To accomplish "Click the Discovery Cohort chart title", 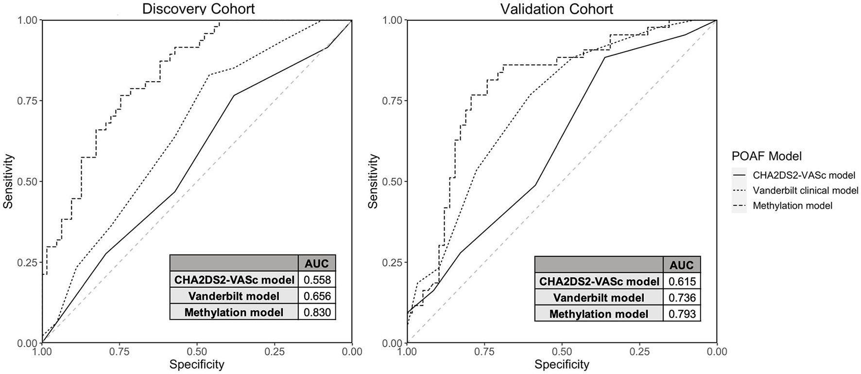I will click(198, 8).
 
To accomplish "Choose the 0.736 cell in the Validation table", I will click(682, 297).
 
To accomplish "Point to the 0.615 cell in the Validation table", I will click(682, 281).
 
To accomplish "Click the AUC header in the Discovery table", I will click(317, 264).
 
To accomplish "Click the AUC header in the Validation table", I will click(682, 265).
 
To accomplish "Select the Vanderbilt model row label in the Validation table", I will click(599, 297).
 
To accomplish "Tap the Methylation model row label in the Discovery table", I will click(234, 312).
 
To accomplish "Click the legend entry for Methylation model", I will click(792, 206).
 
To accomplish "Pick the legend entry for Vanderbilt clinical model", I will click(805, 190).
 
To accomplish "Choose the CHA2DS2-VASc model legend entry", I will click(804, 175).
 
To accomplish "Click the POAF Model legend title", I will click(766, 156).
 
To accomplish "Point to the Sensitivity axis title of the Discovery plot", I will click(8, 181).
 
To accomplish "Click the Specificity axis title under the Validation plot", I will click(561, 364).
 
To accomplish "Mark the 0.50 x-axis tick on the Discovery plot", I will click(197, 352).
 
